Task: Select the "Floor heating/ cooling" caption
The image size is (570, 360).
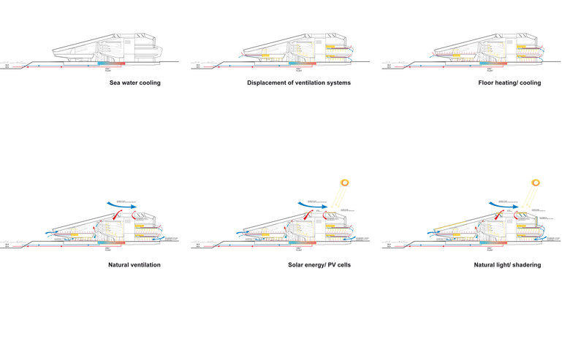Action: pos(507,83)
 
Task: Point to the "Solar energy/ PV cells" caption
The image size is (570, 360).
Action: pos(319,264)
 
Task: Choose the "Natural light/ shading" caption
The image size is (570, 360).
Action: pos(507,264)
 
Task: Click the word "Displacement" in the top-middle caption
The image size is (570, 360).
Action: pos(267,83)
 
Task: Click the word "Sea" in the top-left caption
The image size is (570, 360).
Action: pos(114,83)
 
